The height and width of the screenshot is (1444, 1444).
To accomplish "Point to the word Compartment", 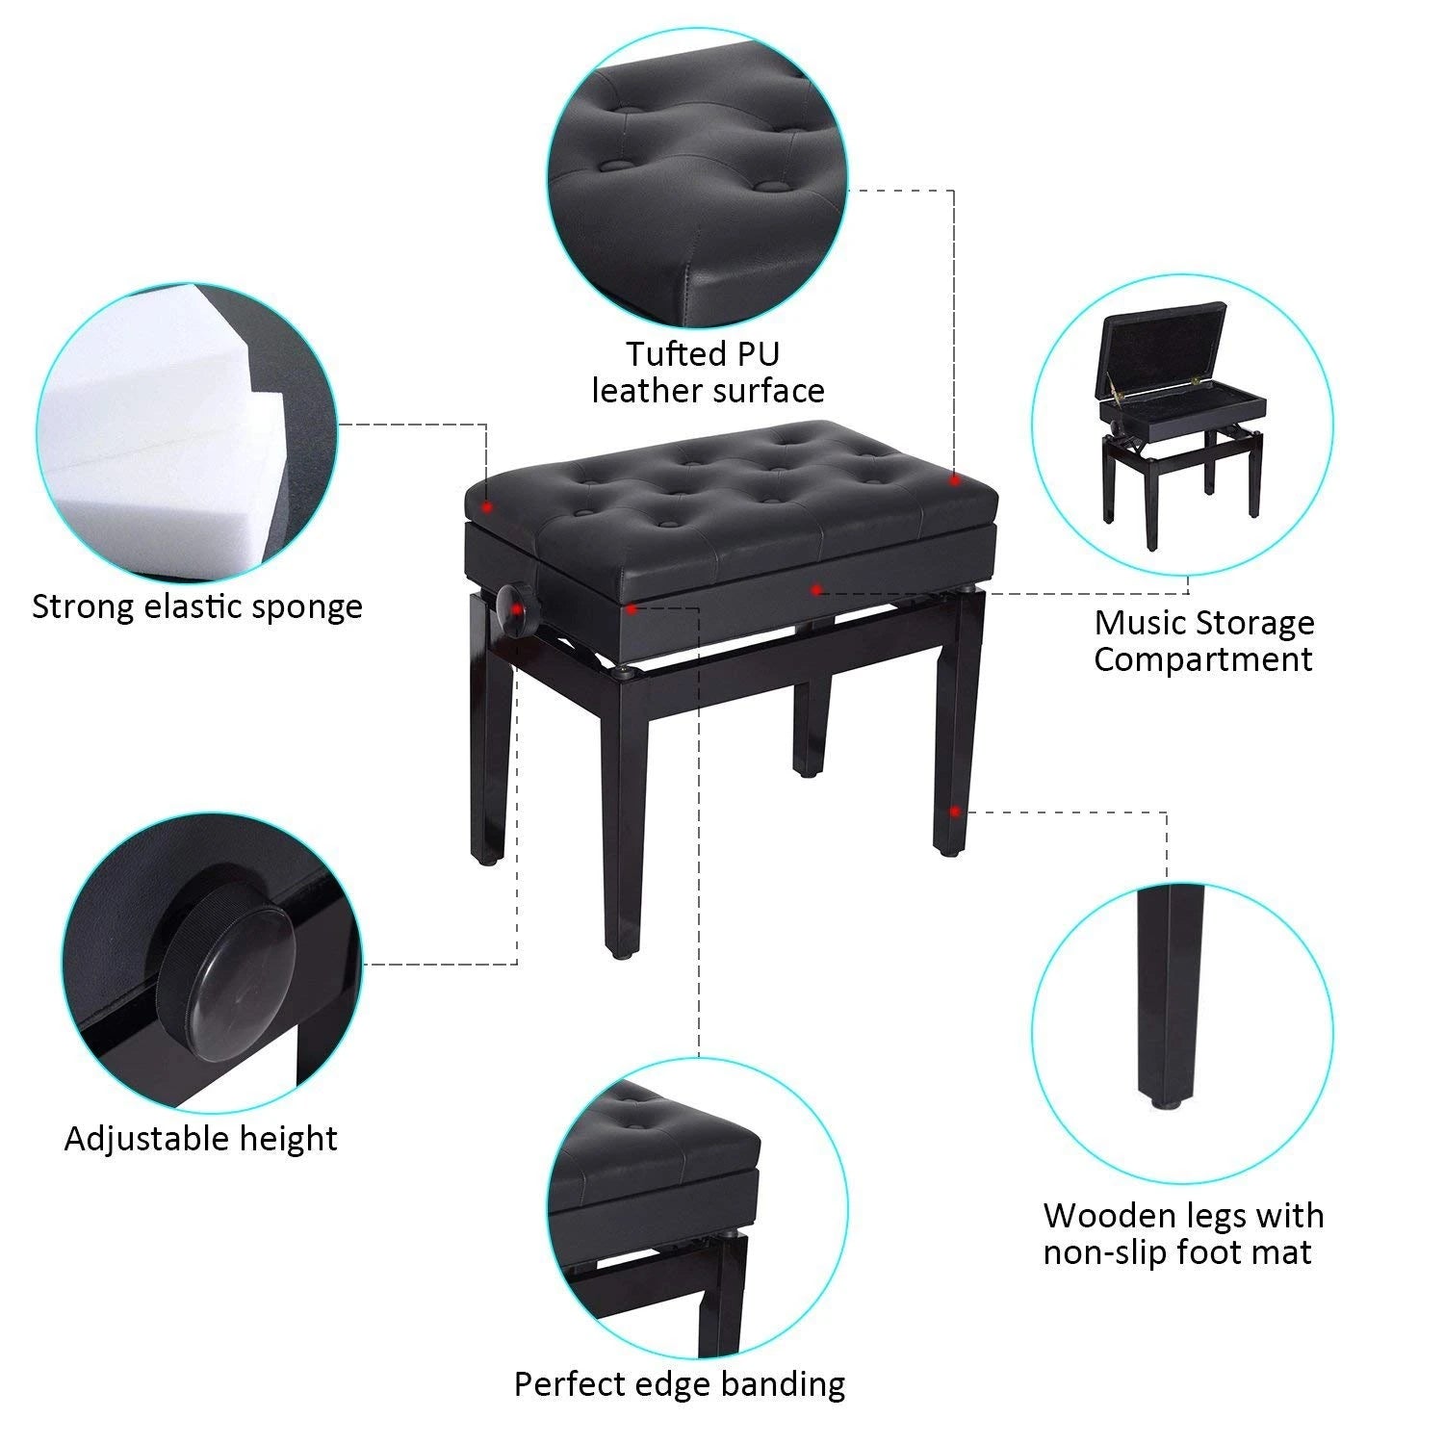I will (1202, 659).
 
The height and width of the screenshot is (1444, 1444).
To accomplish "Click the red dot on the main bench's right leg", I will (953, 811).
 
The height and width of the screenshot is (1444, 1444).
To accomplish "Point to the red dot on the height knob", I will (518, 608).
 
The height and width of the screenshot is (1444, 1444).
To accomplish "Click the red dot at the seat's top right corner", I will (954, 478).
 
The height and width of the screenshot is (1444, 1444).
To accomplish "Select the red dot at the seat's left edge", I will (487, 505).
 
